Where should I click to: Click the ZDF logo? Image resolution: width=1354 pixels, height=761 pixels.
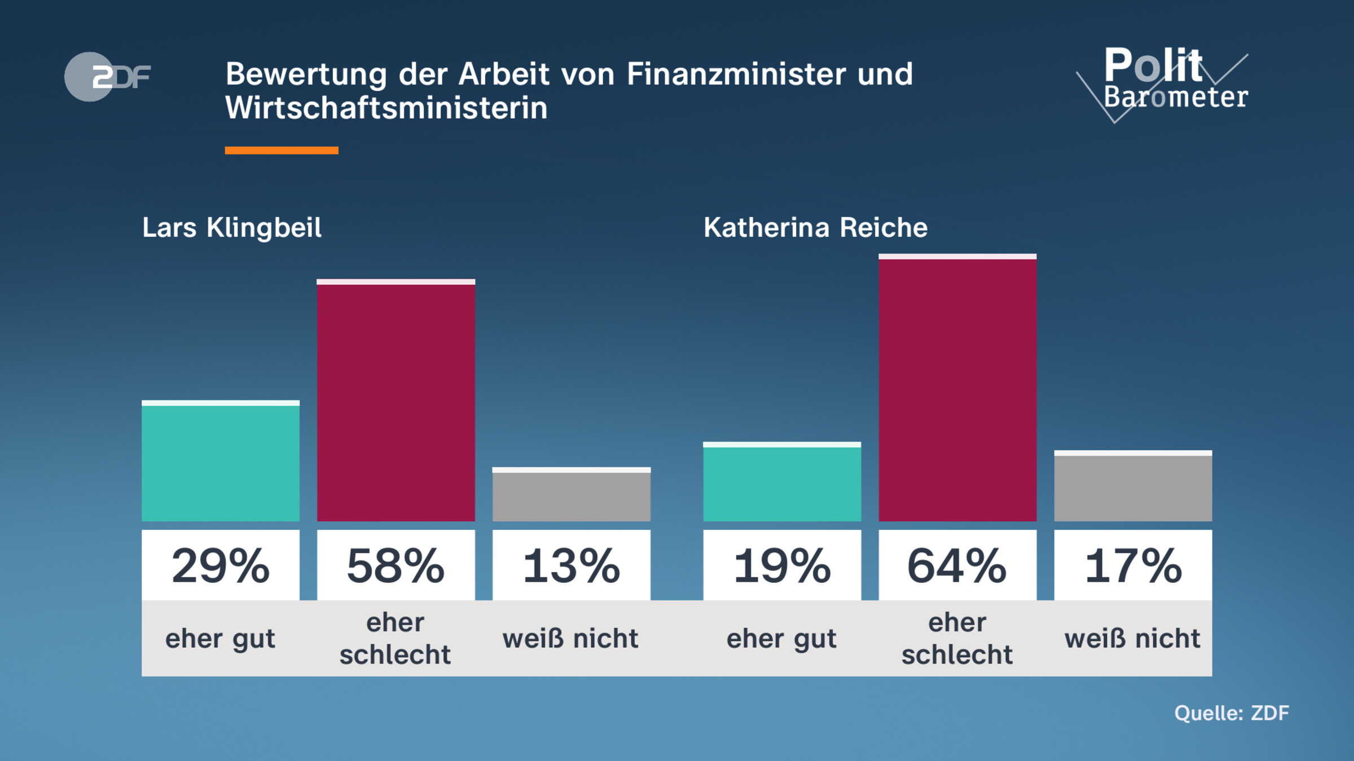(x=107, y=77)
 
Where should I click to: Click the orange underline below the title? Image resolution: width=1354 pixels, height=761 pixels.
(x=281, y=150)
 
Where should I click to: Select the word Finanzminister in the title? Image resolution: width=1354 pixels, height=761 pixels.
(x=736, y=74)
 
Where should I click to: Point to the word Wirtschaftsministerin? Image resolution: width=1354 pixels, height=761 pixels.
(x=386, y=108)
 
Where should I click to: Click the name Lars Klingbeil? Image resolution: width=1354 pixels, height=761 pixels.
(x=231, y=228)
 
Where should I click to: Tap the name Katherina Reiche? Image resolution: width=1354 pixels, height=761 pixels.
(x=815, y=228)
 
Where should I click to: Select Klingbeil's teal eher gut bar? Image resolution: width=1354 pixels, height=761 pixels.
(x=220, y=462)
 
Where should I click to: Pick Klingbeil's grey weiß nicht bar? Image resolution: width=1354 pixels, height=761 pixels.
(x=571, y=495)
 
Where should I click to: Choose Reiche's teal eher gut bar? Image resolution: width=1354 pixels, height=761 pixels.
(x=782, y=483)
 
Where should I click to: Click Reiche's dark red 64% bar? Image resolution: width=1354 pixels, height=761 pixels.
(x=957, y=389)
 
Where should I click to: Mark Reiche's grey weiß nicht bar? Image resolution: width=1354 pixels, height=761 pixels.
(x=1133, y=487)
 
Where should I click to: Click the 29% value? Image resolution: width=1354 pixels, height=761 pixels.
(x=220, y=565)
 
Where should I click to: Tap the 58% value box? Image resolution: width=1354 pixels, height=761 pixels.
(x=395, y=565)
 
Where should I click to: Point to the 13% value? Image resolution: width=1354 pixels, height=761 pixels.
(x=571, y=565)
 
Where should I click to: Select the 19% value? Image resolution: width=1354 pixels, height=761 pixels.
(x=782, y=565)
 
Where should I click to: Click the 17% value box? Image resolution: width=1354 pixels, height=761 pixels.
(x=1133, y=565)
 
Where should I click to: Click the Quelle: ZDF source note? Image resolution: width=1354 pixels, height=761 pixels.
(x=1231, y=713)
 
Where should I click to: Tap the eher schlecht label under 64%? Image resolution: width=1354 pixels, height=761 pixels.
(x=957, y=639)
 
